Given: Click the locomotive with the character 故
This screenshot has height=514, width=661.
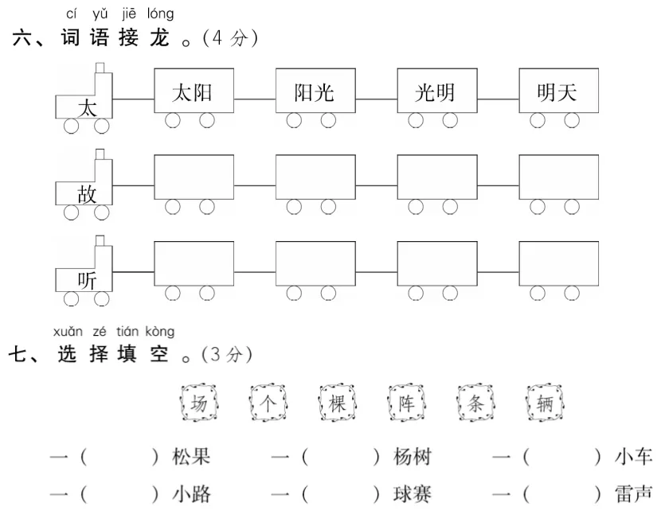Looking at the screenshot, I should pos(85,188).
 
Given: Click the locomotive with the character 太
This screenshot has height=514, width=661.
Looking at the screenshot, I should pos(85,102).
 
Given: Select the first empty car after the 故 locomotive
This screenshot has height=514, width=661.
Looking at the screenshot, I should pos(194,177).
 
